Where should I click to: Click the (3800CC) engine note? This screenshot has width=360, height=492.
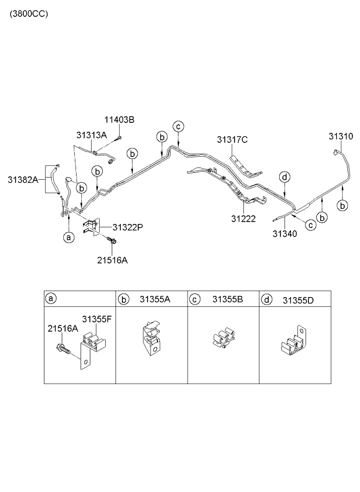coord(28,13)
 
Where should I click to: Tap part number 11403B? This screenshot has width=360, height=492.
coord(119,120)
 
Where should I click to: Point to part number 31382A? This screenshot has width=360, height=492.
coord(23,179)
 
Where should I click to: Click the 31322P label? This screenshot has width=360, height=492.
coord(127,227)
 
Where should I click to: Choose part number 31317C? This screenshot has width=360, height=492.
coord(233,140)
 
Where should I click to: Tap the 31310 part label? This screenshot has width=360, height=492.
coord(340,136)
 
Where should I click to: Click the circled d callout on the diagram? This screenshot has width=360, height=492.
coord(283,177)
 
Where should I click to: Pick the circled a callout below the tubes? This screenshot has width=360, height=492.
coord(69,237)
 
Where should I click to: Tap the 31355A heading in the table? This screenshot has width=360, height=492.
coord(154,299)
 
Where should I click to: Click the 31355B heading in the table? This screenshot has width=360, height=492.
coord(227,299)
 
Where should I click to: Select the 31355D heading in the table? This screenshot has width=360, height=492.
coord(298,299)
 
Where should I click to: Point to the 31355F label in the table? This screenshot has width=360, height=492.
coord(95,320)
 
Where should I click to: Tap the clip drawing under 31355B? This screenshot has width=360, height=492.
coord(223,343)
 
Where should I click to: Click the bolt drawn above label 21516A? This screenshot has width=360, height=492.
coord(113,240)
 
